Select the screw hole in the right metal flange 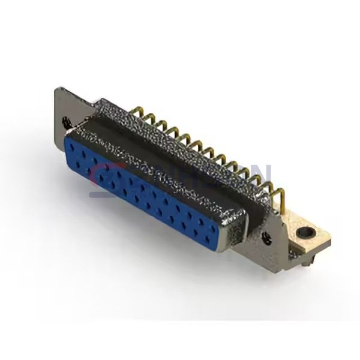point(267,235)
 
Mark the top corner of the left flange point(58,89)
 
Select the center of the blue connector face point(150,189)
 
